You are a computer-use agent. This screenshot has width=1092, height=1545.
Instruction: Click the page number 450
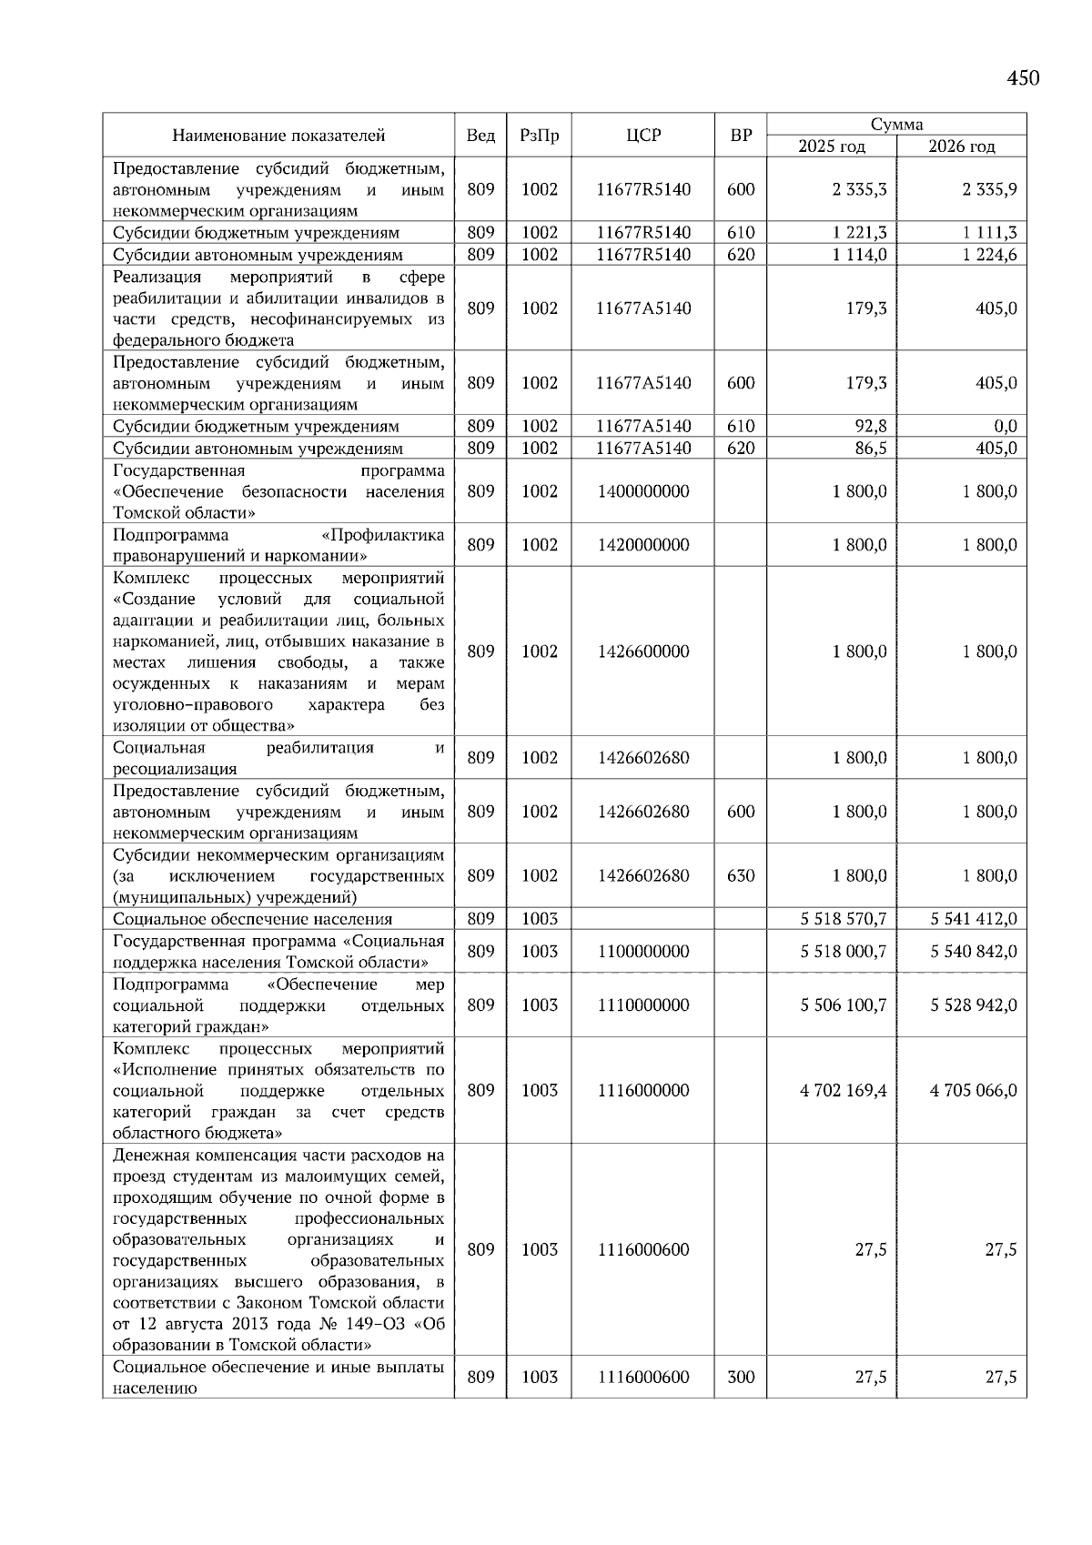(1023, 78)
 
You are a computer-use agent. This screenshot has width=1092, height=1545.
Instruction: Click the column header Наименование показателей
(278, 136)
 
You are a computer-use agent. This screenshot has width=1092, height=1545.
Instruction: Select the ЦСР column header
(643, 136)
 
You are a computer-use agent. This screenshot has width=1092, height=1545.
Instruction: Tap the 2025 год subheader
(831, 146)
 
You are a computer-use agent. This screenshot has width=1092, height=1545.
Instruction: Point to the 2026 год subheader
(961, 146)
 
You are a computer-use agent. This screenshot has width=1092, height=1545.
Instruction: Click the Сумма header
(896, 125)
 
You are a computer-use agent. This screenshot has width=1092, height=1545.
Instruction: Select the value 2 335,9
(989, 190)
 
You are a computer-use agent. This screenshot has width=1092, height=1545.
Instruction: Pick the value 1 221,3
(859, 233)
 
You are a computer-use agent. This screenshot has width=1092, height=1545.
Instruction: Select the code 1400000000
(643, 491)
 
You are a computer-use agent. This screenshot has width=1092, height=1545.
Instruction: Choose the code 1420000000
(643, 545)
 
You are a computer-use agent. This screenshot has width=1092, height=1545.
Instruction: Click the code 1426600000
(643, 651)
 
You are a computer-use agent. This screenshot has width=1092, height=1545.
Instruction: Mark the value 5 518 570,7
(844, 919)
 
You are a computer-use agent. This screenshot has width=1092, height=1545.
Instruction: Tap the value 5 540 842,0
(974, 952)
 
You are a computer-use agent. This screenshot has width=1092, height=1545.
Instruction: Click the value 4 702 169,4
(844, 1090)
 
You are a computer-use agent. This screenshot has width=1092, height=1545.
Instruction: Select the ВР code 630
(741, 876)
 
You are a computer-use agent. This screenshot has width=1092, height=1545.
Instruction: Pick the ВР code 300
(741, 1377)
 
